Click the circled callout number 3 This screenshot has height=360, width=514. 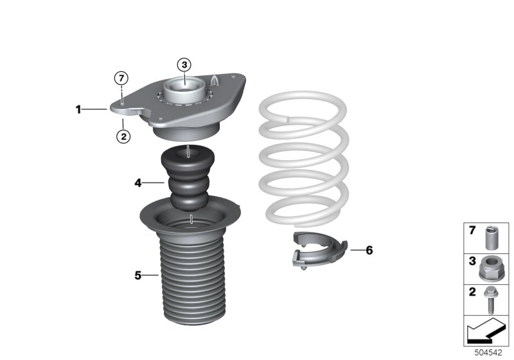click(x=184, y=64)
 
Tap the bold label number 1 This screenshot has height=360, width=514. click(x=78, y=110)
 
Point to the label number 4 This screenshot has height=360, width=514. click(x=137, y=183)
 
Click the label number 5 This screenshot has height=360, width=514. click(x=137, y=276)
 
